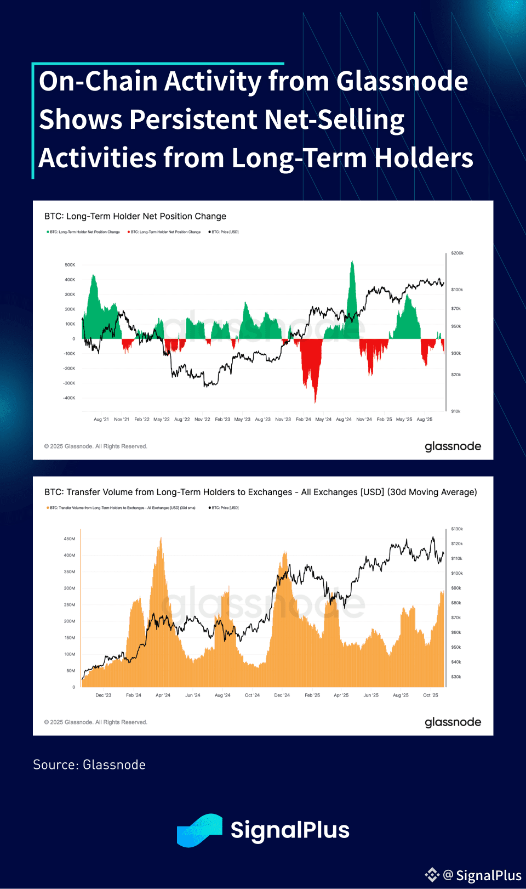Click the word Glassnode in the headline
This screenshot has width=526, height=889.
pos(402,81)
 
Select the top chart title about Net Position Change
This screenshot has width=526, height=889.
pos(135,216)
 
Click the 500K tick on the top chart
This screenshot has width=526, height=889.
pos(70,265)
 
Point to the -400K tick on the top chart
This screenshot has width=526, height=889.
pos(69,398)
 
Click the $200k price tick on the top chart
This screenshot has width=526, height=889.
pos(457,253)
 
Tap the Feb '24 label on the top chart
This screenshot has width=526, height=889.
pos(303,420)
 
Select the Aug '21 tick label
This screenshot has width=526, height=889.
pos(101,420)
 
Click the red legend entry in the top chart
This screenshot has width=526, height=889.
pos(164,232)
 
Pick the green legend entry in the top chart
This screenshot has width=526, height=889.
pos(84,232)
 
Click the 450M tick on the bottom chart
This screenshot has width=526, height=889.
pos(70,539)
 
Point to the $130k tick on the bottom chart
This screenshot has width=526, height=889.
pos(457,529)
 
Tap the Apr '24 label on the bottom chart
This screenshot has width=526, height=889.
pos(163,695)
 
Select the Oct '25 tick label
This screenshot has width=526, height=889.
pos(431,695)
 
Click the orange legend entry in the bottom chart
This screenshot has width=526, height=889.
pos(121,508)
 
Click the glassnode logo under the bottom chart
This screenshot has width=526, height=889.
pos(453,722)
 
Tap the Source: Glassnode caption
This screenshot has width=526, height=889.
pos(89,765)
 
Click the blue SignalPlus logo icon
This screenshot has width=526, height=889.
pos(199,830)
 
